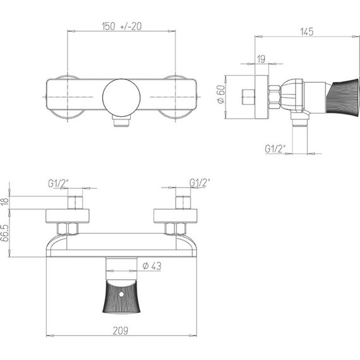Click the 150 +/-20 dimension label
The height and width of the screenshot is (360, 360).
click(122, 27)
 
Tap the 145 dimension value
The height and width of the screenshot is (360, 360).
click(307, 32)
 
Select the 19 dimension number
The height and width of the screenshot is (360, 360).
click(261, 59)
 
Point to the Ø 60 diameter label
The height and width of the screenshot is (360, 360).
click(221, 94)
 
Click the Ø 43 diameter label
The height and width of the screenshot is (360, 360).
click(152, 266)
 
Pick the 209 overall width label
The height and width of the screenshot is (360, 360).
click(120, 331)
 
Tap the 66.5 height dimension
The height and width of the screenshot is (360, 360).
click(5, 233)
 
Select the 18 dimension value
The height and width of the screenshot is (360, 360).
click(5, 201)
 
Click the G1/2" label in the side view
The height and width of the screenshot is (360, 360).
click(275, 149)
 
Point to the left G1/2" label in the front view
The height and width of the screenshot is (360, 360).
click(58, 183)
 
